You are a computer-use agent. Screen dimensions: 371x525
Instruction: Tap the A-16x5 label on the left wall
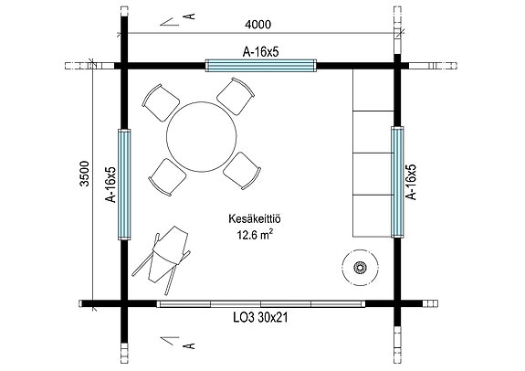[110, 184]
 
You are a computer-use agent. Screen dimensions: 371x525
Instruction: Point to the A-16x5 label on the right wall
[412, 183]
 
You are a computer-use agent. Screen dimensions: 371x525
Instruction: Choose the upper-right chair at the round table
[236, 96]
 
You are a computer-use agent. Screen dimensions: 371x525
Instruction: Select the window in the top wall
[261, 66]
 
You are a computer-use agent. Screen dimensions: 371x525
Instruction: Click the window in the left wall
[125, 184]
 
